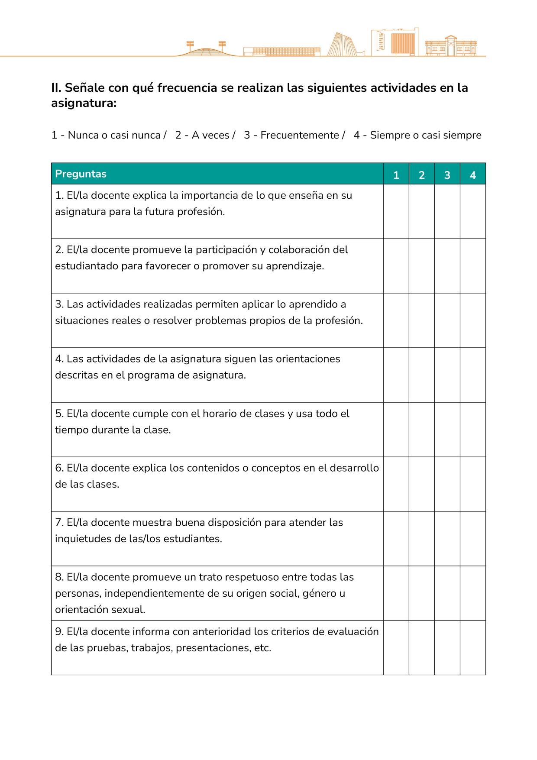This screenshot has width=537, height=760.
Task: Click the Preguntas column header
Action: [x=81, y=174]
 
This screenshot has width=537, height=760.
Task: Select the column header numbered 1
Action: [x=396, y=175]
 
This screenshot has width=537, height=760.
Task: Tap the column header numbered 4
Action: [x=472, y=175]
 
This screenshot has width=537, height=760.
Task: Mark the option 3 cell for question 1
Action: [x=447, y=211]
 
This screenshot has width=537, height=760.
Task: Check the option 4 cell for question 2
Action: [x=472, y=266]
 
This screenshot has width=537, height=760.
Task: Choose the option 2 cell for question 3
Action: [x=421, y=320]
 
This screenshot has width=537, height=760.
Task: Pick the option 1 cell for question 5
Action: [x=396, y=430]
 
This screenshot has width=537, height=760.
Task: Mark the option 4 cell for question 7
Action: [x=472, y=539]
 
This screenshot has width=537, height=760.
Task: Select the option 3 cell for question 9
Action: [x=447, y=648]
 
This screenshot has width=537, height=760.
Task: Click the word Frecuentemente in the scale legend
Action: [x=300, y=135]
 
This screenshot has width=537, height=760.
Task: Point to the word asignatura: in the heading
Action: [x=84, y=103]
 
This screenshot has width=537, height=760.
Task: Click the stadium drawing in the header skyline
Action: [x=206, y=50]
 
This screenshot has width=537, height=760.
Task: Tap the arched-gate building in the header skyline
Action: [x=451, y=46]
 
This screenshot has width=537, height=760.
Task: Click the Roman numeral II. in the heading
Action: [x=56, y=88]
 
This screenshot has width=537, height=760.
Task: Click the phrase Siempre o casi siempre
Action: [x=425, y=135]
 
